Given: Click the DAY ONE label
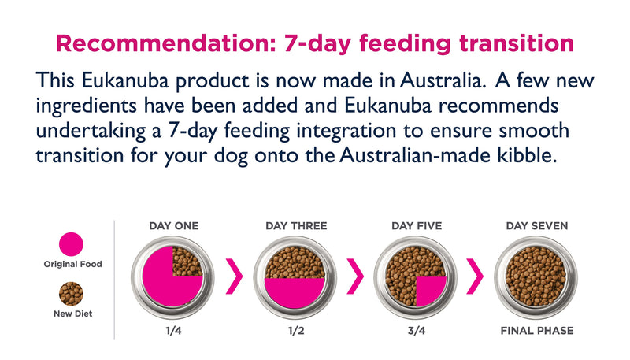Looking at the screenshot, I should tap(174, 226).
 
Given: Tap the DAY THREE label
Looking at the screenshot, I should tap(296, 226).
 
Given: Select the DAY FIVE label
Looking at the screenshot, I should tap(417, 226).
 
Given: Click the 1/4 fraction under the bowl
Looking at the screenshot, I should tap(174, 331).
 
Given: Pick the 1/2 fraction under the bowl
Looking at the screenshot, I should tap(296, 331).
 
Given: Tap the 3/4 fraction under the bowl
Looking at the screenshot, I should tap(417, 331).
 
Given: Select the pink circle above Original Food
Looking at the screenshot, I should tap(72, 244).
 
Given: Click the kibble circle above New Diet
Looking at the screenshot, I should tap(72, 294).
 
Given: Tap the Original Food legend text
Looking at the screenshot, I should tap(72, 264).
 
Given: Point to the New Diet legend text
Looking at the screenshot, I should tap(72, 314).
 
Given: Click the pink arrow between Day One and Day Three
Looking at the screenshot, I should tap(235, 276).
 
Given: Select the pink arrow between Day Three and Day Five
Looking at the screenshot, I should tap(356, 276).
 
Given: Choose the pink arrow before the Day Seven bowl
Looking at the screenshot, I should tap(476, 276).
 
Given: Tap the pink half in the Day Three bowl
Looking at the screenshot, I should tap(295, 291).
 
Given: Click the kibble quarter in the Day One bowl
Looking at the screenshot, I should tap(187, 261).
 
